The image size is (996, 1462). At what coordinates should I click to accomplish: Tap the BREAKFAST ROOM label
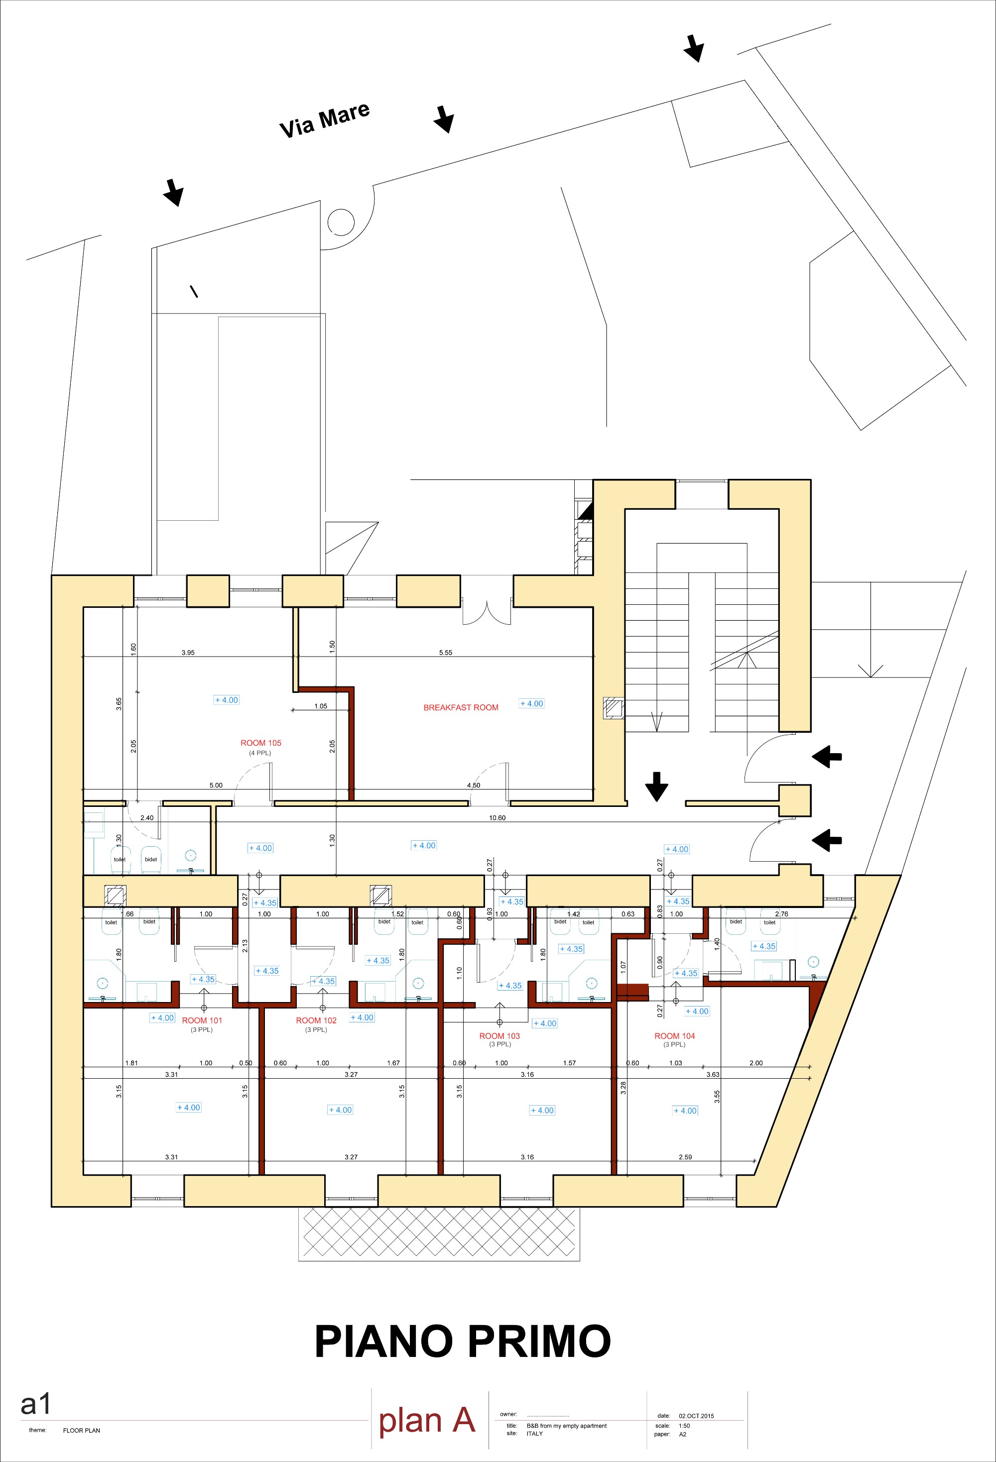coord(461,708)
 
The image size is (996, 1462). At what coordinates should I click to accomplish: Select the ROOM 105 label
coord(260,743)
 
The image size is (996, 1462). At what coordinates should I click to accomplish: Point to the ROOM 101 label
coord(202,1020)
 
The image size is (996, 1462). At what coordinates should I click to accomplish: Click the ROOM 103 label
coord(499,1035)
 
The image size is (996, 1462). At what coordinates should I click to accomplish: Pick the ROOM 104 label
coord(674,1035)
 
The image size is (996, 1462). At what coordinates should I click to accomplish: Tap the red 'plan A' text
coord(427,1421)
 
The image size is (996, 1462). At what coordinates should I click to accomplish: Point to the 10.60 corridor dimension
coord(497,818)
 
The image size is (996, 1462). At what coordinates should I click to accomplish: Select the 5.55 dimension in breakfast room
coord(446,653)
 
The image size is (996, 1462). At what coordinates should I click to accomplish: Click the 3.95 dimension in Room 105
coord(188,653)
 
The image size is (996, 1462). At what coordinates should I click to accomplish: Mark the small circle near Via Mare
coord(341,222)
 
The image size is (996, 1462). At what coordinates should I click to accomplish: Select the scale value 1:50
coord(685,1426)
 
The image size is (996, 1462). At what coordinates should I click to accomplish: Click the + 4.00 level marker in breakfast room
coord(532,704)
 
